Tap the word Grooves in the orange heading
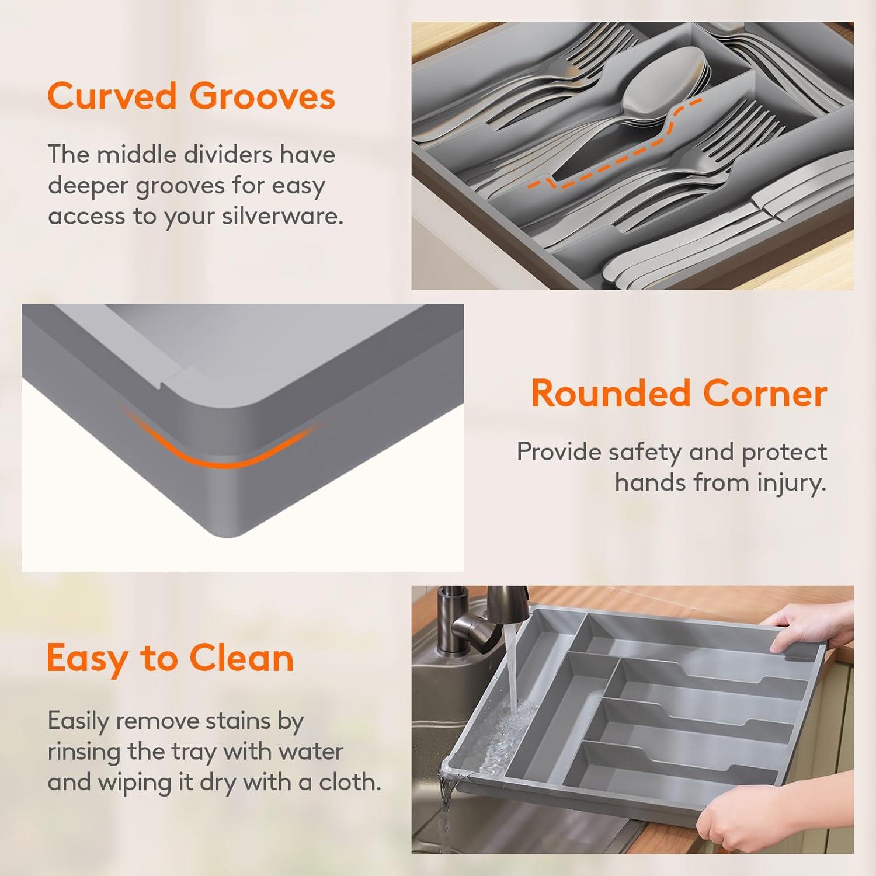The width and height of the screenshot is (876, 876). pos(262,96)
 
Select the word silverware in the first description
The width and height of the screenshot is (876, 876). pos(283,216)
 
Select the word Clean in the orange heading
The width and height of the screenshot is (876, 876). pos(241,658)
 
